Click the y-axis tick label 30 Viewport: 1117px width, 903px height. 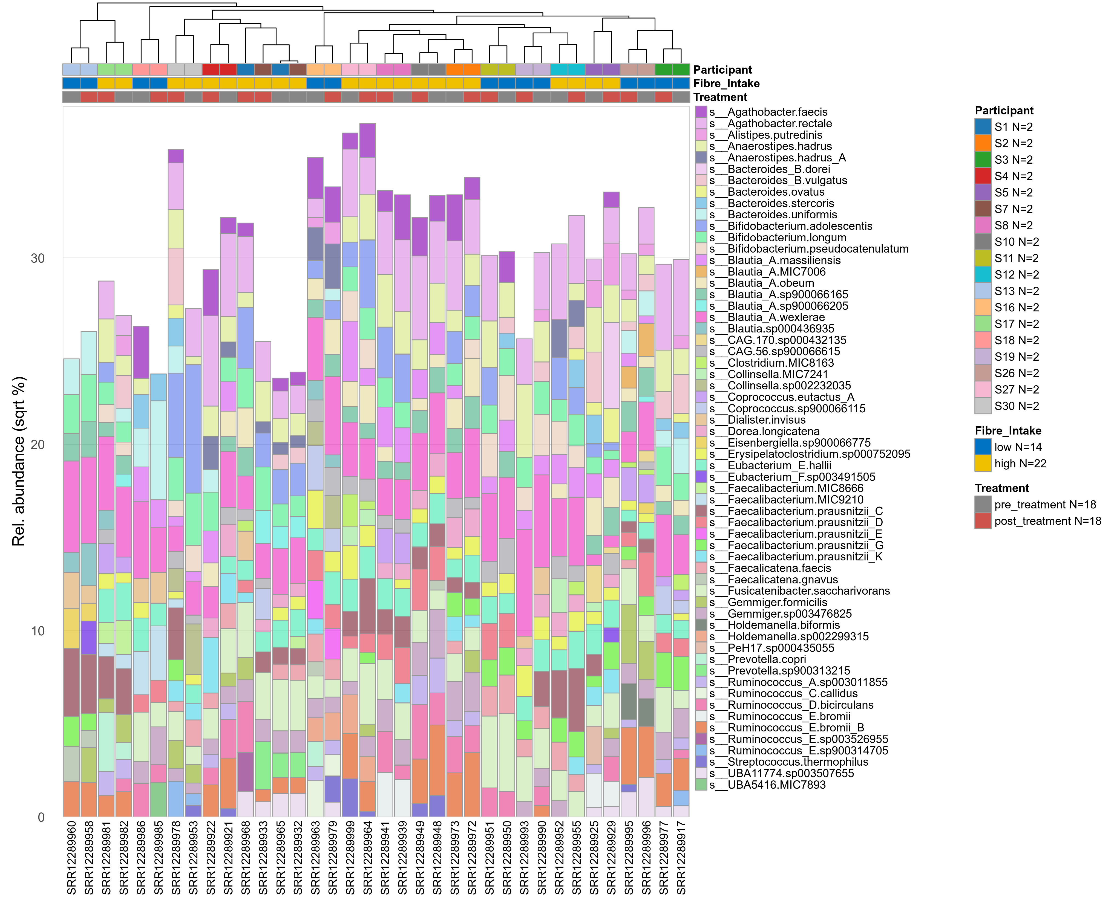(x=38, y=259)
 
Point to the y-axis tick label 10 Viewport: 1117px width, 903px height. (x=38, y=631)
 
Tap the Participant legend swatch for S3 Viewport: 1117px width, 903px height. (x=983, y=160)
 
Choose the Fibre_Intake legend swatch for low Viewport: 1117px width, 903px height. (x=983, y=447)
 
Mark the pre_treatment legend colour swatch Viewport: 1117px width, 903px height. (x=983, y=505)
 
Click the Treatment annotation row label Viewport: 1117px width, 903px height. (x=720, y=97)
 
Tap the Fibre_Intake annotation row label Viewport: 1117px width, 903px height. (x=726, y=84)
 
